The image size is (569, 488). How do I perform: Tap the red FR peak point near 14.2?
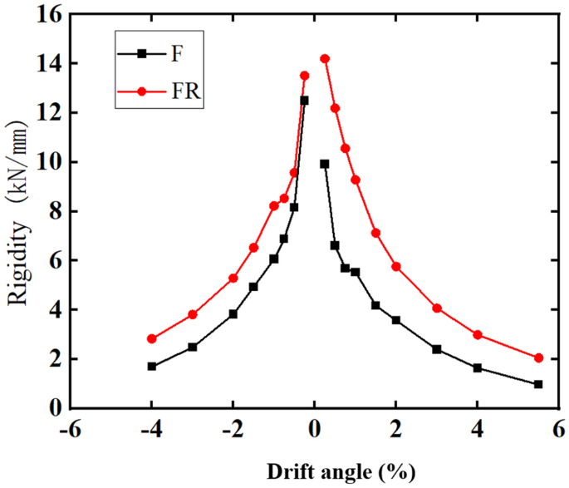pos(325,59)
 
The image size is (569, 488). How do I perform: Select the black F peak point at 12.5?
pos(304,101)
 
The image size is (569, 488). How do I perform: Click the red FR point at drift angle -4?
pos(151,338)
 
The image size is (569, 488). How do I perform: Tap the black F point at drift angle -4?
pos(151,366)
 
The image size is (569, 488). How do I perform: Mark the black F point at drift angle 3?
pos(436,349)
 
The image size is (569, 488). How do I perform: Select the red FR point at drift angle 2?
pos(396,266)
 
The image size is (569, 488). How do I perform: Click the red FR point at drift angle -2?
pos(233,278)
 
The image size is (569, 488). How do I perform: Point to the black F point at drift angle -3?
pos(192,347)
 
